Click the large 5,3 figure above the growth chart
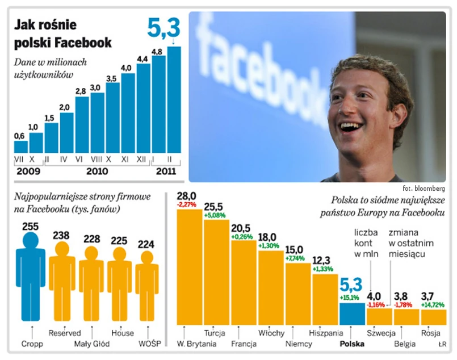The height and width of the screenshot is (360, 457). point(164,27)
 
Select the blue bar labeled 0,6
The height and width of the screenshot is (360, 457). point(20,146)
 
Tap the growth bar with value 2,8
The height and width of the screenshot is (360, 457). point(82,124)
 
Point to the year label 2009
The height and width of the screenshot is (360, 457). point(28,170)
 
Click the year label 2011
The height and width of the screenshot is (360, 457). point(165,170)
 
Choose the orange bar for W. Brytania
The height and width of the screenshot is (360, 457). point(190,267)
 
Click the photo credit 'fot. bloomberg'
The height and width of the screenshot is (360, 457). point(424,188)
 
